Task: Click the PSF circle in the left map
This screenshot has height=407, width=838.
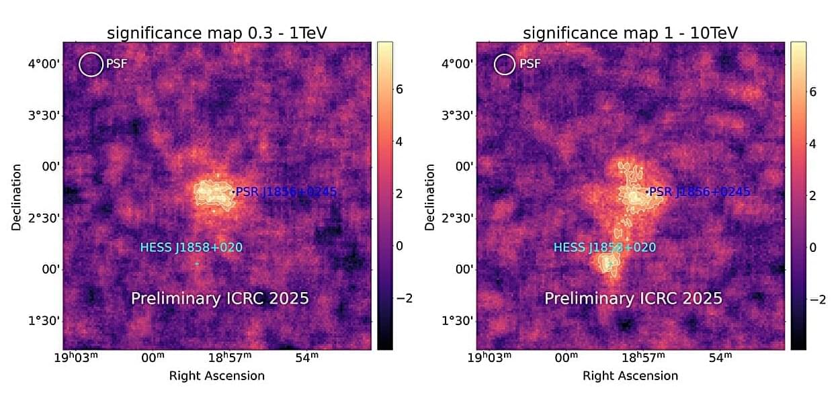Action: [x=91, y=64]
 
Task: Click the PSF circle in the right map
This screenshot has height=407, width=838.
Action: [x=504, y=64]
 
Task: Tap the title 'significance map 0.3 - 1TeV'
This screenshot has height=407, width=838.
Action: [x=217, y=33]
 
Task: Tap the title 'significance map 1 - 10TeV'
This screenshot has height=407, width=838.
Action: [x=630, y=33]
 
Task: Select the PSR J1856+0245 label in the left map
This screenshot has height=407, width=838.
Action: [x=286, y=192]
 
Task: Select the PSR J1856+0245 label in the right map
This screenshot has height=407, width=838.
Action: [x=699, y=192]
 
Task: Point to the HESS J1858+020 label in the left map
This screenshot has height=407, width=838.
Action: [x=191, y=247]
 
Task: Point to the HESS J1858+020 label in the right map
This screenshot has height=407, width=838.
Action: [x=604, y=247]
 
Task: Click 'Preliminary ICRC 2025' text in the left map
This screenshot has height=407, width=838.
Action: [x=220, y=298]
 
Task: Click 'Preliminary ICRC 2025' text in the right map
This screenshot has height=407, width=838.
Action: [x=633, y=298]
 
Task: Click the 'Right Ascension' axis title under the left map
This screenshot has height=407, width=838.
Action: [x=217, y=376]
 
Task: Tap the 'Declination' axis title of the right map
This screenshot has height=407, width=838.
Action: [x=429, y=197]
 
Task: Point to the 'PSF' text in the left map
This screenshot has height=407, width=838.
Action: [x=116, y=64]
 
